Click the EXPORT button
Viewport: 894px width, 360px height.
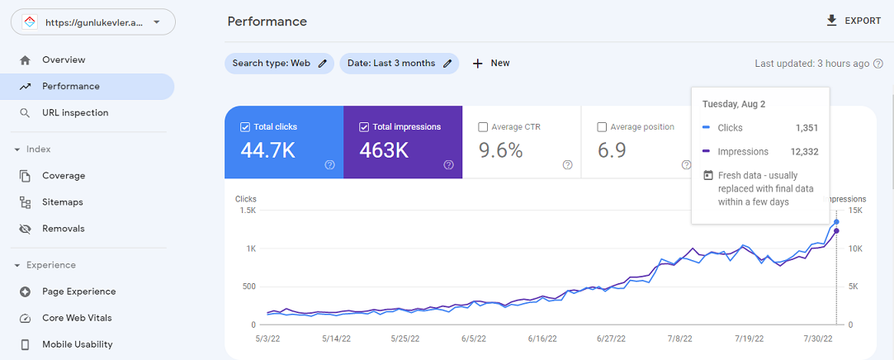(854, 21)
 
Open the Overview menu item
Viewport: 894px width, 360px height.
(64, 59)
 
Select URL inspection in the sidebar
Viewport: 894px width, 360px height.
(75, 112)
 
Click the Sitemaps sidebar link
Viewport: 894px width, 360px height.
(63, 201)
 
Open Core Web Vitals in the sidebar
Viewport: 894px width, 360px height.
(77, 318)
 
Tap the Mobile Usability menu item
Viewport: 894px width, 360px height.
(78, 344)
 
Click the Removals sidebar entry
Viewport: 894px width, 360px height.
(63, 228)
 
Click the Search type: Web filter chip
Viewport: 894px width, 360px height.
(279, 63)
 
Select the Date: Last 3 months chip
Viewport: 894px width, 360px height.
(399, 63)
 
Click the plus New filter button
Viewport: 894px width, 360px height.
(491, 63)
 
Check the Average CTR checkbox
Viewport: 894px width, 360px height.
(483, 127)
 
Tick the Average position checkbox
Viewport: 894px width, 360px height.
(602, 127)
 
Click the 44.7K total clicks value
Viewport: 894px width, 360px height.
(268, 150)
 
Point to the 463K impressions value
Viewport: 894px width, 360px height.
(384, 150)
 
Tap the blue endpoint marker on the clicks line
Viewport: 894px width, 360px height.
(836, 222)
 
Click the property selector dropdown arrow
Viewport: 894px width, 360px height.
(157, 22)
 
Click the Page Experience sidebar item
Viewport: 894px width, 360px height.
(78, 291)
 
